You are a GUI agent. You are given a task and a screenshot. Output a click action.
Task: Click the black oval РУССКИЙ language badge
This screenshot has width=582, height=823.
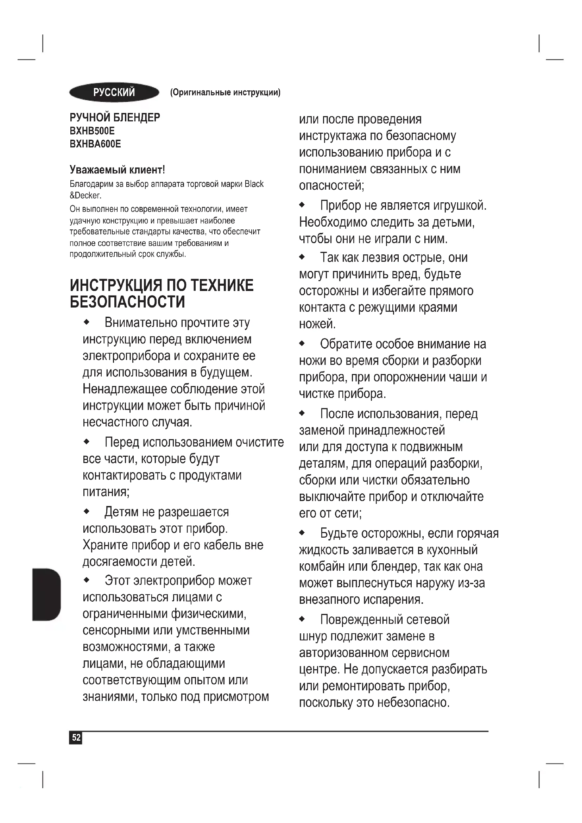114,93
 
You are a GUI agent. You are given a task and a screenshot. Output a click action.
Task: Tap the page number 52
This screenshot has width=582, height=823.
76,738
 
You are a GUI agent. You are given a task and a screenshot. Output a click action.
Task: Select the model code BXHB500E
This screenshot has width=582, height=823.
92,131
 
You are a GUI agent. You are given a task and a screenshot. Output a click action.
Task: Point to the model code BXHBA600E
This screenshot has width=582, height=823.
95,144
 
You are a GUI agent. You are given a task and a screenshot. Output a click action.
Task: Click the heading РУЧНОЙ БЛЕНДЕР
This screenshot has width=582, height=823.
115,117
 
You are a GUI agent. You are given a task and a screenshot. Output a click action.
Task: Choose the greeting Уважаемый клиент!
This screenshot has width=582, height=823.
117,169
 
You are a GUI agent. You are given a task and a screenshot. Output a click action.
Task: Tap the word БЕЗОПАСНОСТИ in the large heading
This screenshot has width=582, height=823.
127,302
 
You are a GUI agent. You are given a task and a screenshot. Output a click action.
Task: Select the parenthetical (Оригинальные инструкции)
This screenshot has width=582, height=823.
226,93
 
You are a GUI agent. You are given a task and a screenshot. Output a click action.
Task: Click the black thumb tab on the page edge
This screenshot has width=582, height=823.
46,594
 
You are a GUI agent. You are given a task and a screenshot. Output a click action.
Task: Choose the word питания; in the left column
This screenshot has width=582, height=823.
106,492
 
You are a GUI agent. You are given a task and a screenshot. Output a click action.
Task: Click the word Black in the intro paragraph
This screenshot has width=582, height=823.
254,184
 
